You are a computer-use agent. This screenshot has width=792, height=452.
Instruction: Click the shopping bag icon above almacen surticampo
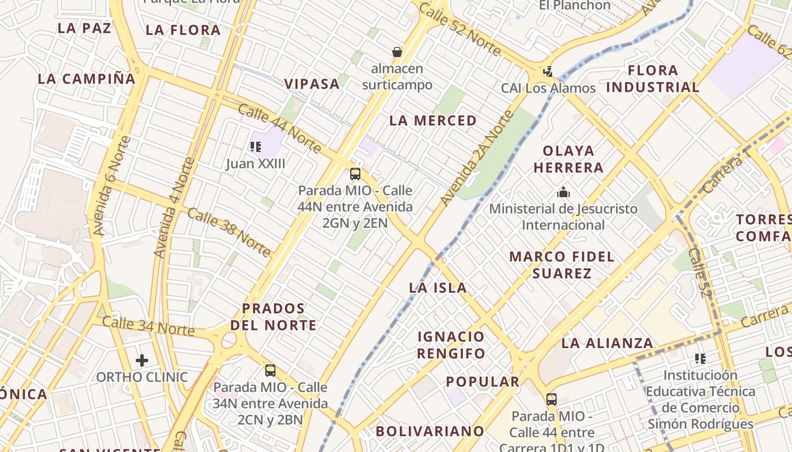click(397, 52)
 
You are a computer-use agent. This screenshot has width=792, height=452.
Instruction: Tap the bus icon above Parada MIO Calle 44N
click(355, 174)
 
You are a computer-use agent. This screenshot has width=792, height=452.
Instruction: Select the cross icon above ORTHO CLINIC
click(142, 360)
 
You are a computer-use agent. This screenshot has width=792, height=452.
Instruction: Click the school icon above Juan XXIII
click(256, 147)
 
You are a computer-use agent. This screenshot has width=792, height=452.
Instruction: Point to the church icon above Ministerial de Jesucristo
click(563, 192)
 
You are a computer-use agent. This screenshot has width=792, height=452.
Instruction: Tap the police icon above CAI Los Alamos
click(548, 72)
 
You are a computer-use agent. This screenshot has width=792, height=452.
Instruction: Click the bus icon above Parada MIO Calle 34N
click(270, 371)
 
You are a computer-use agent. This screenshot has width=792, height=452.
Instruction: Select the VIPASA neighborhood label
click(312, 84)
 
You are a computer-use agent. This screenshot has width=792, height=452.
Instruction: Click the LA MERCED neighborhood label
click(433, 120)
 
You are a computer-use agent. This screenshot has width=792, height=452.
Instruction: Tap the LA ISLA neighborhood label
click(438, 288)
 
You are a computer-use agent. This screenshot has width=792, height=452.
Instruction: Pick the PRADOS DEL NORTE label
click(274, 317)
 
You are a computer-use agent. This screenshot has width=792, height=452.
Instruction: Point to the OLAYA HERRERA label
click(569, 159)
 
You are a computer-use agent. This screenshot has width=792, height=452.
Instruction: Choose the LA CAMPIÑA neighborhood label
click(87, 79)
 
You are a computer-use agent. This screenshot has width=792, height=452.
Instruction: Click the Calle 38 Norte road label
click(229, 232)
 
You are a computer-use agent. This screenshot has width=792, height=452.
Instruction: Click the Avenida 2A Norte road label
click(477, 158)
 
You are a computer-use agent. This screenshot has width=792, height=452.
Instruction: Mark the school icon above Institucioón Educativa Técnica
click(700, 358)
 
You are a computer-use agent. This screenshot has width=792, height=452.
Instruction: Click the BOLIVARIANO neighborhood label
click(430, 431)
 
